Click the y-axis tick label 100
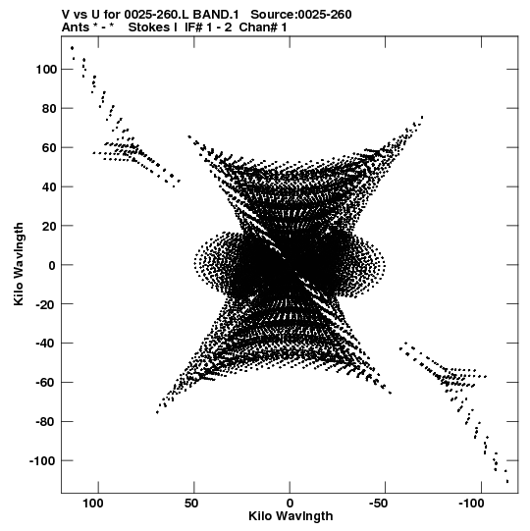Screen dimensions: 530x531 (46, 70)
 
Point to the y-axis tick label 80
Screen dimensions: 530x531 (49, 109)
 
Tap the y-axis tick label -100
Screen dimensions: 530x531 (43, 461)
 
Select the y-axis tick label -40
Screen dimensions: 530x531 (46, 344)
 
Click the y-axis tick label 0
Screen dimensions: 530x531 (52, 265)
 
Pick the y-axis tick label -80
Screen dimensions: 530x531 (46, 422)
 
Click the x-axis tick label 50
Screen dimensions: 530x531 (191, 504)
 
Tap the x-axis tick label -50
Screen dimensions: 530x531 (378, 504)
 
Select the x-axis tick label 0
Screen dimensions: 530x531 (290, 504)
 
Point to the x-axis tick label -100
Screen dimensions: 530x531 (471, 504)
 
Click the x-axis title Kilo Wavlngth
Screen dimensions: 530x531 (291, 516)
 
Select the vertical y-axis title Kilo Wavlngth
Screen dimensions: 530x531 (19, 264)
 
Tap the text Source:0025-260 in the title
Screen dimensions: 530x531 (301, 15)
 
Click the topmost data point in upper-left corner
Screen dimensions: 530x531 (72, 48)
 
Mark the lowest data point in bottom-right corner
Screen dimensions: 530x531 (507, 482)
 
